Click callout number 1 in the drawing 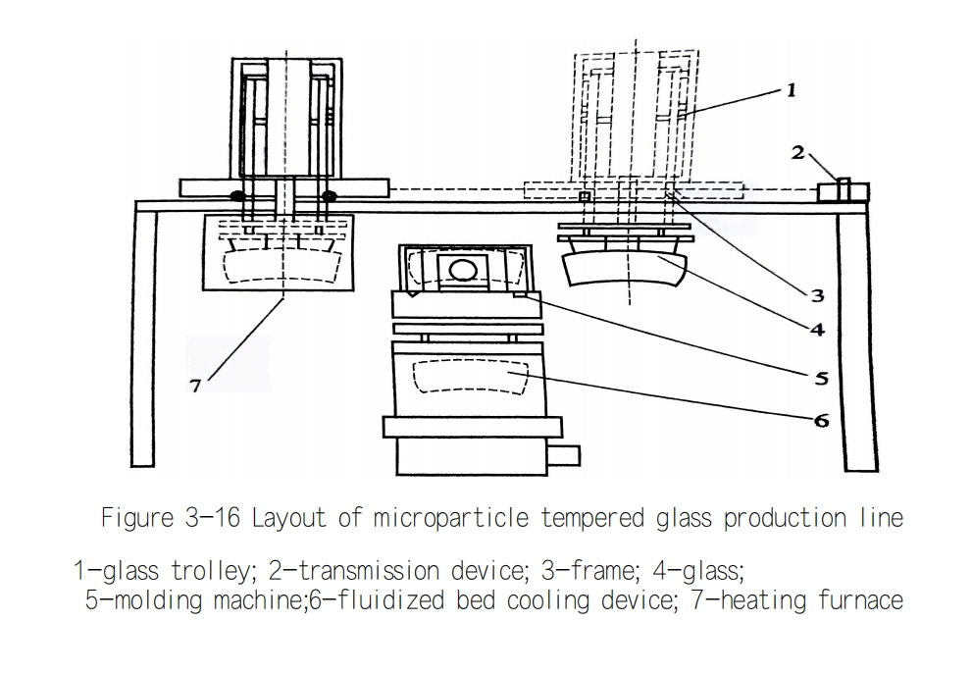pos(791,90)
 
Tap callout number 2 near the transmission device pos(797,152)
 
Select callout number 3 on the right pos(818,295)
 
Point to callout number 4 pos(818,330)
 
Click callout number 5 pos(821,378)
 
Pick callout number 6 pos(821,421)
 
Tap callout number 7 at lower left pos(195,386)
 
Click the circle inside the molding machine pos(463,271)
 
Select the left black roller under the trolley pos(238,196)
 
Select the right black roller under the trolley pos(329,196)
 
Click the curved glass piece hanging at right pos(625,270)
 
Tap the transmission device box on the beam pos(844,191)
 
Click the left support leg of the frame pos(144,337)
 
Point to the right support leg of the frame pos(858,341)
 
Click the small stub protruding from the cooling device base pos(564,456)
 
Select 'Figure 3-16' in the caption pos(171,517)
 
